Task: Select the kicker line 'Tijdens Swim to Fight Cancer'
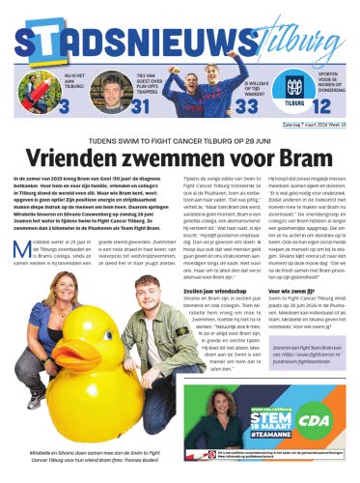click(180, 138)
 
